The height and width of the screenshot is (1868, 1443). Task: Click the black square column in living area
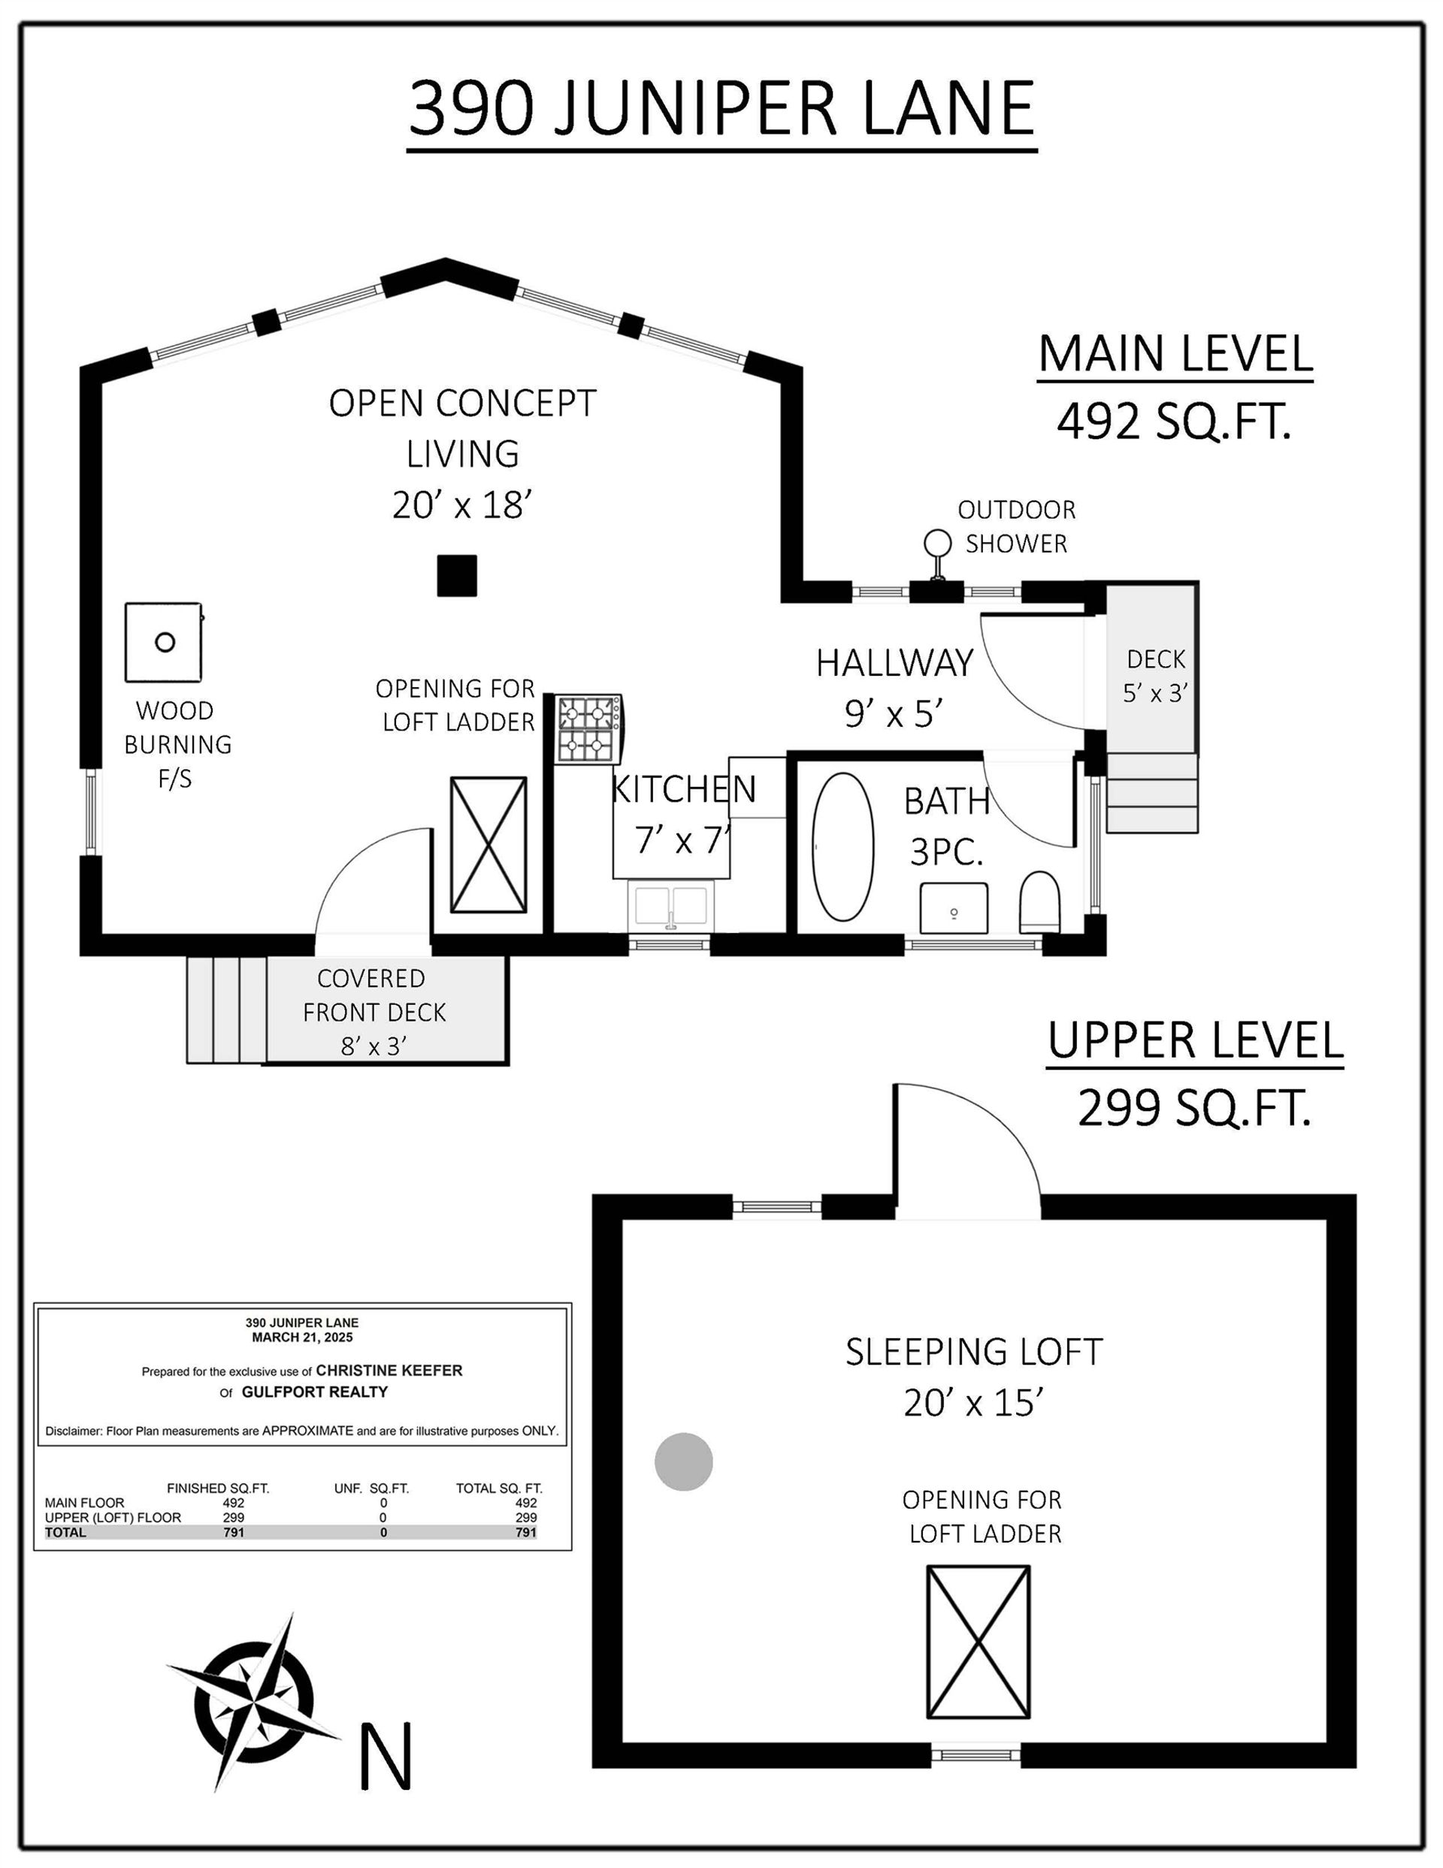(457, 575)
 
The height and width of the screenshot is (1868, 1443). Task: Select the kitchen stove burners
(589, 728)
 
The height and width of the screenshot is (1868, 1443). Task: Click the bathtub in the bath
(843, 846)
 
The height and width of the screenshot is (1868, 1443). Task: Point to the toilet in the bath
(1039, 902)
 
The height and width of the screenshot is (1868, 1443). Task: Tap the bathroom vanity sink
(954, 908)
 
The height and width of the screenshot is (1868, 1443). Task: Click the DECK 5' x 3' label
(1156, 676)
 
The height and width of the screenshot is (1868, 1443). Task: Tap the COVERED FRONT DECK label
(374, 1011)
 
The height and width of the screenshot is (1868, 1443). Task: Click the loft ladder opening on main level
(489, 845)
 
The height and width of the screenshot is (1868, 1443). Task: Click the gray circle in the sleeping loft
(683, 1462)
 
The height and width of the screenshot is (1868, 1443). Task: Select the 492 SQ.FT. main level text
(1172, 421)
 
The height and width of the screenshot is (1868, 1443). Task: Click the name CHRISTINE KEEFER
(389, 1370)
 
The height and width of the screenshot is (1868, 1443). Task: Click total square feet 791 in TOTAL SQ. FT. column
(525, 1532)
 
